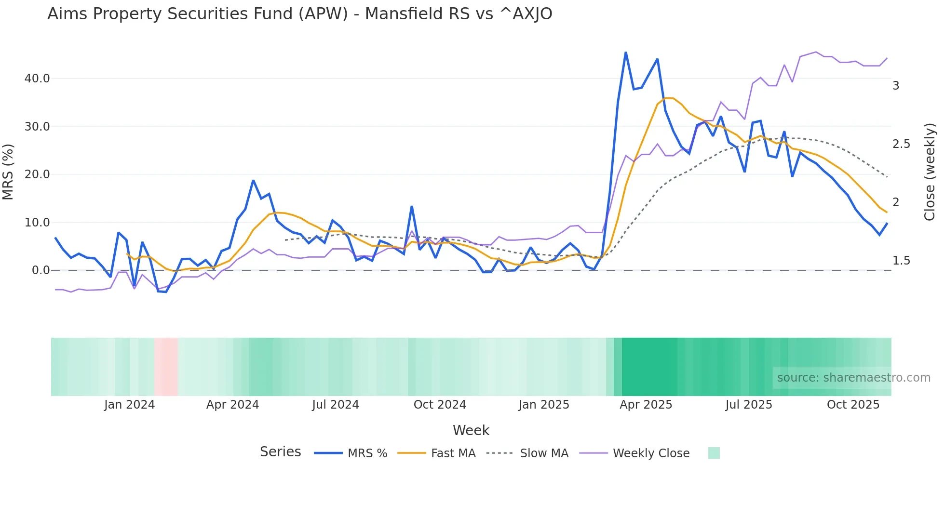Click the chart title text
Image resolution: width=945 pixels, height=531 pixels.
pyautogui.click(x=299, y=14)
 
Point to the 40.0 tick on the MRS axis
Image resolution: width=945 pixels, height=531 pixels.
pyautogui.click(x=37, y=79)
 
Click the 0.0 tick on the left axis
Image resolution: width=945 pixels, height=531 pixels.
pyautogui.click(x=40, y=270)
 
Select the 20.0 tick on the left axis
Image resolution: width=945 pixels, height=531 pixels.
pyautogui.click(x=37, y=174)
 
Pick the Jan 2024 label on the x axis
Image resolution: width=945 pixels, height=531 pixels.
pyautogui.click(x=129, y=405)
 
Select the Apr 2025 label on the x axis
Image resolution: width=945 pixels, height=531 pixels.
pyautogui.click(x=646, y=405)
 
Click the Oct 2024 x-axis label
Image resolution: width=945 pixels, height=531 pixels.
pyautogui.click(x=440, y=405)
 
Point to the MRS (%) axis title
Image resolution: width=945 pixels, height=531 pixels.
pyautogui.click(x=8, y=172)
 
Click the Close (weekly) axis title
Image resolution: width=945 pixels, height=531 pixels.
pyautogui.click(x=930, y=172)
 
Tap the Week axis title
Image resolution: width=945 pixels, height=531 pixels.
pyautogui.click(x=471, y=430)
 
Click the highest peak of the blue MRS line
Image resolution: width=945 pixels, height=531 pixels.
pyautogui.click(x=625, y=53)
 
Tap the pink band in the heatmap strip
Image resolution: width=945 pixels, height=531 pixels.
pyautogui.click(x=166, y=367)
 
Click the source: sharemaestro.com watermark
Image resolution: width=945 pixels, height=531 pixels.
pyautogui.click(x=853, y=378)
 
